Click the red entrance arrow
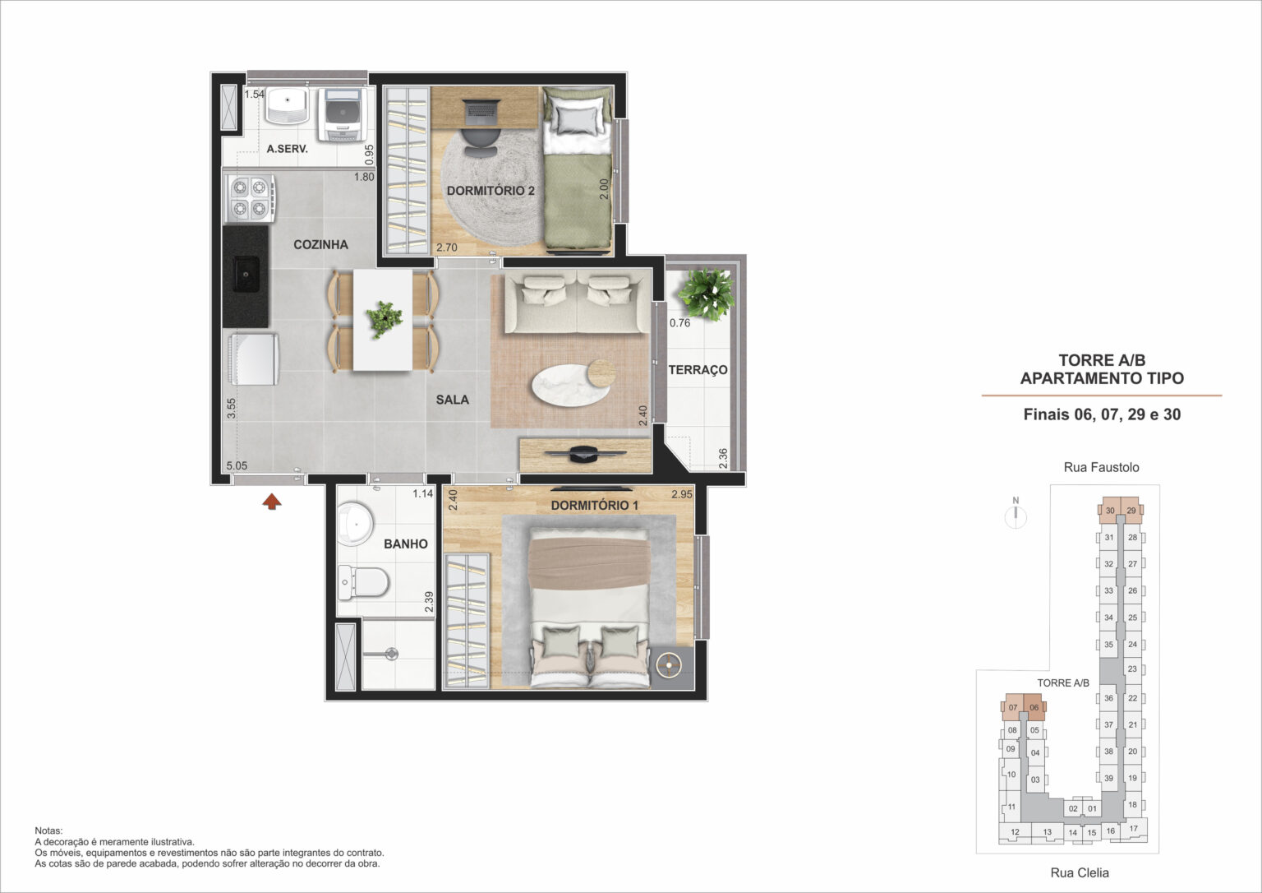272,501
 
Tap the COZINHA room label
320,244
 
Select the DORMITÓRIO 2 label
491,191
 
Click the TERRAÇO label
698,370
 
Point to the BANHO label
406,544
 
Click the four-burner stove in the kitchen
251,198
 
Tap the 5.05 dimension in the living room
237,465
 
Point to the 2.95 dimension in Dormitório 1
682,494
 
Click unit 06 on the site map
1034,707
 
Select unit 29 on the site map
1131,511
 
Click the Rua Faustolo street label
1101,467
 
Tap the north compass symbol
1016,514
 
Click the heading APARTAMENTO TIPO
1102,378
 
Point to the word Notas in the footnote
48,831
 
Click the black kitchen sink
246,274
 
